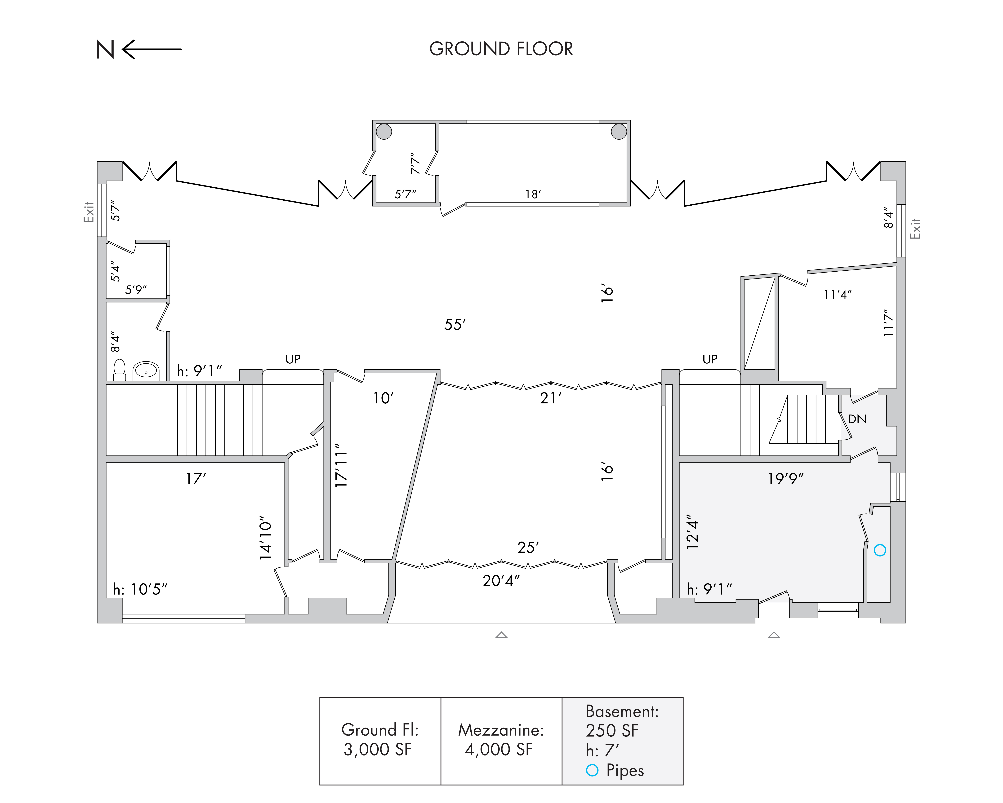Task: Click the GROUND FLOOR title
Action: pyautogui.click(x=501, y=49)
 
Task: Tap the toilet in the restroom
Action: pyautogui.click(x=120, y=370)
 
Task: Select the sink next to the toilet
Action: pyautogui.click(x=146, y=371)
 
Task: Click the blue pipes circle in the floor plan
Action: pyautogui.click(x=880, y=550)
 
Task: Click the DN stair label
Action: pyautogui.click(x=857, y=419)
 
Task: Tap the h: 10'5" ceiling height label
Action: pyautogui.click(x=140, y=589)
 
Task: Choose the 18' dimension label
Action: pyautogui.click(x=533, y=194)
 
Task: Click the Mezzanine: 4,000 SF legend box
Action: pyautogui.click(x=501, y=741)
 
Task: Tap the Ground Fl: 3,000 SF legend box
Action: pyautogui.click(x=380, y=741)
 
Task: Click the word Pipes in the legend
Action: pyautogui.click(x=625, y=770)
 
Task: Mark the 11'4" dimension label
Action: pyautogui.click(x=837, y=294)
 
